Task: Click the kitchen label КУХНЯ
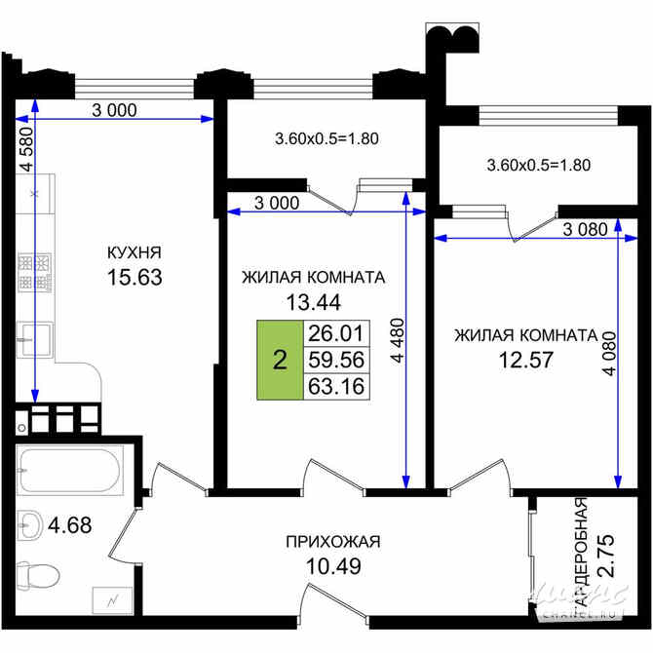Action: (x=134, y=253)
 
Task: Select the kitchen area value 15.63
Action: (x=134, y=278)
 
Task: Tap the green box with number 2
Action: (x=280, y=361)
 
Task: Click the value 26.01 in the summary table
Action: (x=335, y=334)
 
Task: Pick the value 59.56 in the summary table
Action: (x=335, y=361)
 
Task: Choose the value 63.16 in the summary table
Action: (x=335, y=387)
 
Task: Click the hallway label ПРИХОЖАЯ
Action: (x=332, y=542)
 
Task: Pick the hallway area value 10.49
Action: (x=332, y=566)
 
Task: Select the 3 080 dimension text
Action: (x=586, y=229)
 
